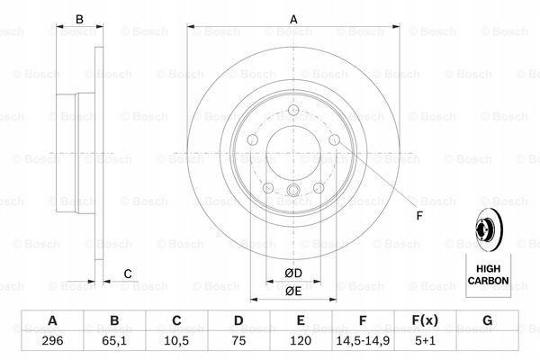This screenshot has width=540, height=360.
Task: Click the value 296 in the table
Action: pos(52,341)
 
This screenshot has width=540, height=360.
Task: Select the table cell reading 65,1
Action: pos(114,341)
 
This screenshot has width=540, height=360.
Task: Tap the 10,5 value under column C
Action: pos(176,341)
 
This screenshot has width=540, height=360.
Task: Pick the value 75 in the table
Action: pos(238,341)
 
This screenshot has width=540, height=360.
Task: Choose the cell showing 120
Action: pos(301,341)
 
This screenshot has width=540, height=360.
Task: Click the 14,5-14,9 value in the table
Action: pos(363,341)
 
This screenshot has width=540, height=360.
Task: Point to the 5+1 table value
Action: pos(425,341)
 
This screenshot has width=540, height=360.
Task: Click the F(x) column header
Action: pos(425,320)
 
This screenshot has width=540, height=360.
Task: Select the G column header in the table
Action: pos(487,320)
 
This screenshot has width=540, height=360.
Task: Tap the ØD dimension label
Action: pos(293,274)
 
